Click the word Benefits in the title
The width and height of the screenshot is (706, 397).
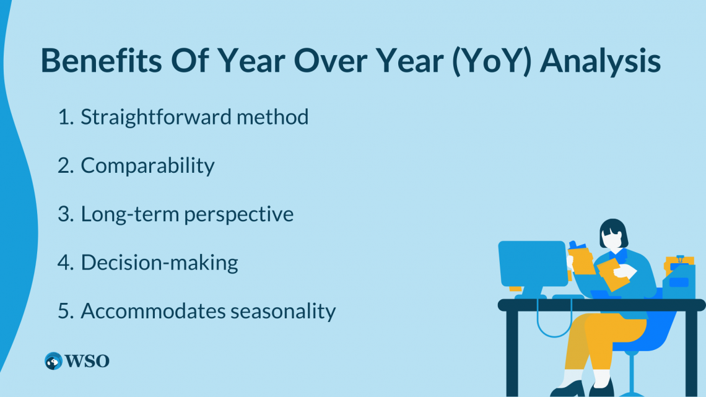point(102,60)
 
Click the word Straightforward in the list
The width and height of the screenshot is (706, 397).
point(156,117)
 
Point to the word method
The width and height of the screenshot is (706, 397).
point(272,117)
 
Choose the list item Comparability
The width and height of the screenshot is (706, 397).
point(147,165)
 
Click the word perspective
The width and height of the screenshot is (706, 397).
point(238,214)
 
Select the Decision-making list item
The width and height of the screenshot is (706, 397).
point(159,263)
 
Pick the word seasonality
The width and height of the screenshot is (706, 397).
point(283,312)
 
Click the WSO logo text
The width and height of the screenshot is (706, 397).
point(87,361)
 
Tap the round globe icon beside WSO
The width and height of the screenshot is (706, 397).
point(53,361)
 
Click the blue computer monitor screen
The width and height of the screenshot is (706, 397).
point(533,264)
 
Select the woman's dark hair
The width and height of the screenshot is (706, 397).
point(613,230)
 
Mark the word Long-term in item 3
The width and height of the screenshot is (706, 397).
point(130,214)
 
